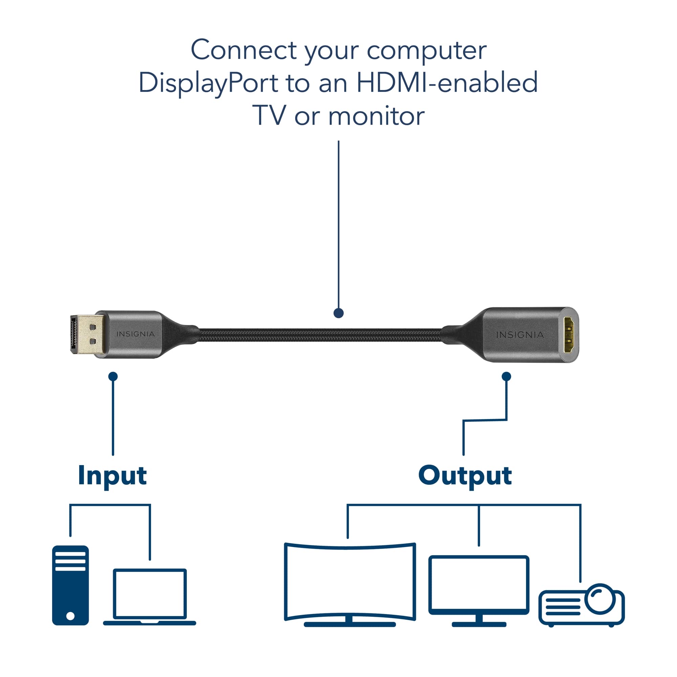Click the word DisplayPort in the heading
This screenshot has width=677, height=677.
[x=208, y=83]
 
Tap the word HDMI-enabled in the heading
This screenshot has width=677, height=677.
[x=447, y=83]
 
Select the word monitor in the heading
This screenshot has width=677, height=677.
[x=376, y=116]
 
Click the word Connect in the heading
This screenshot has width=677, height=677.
[x=243, y=50]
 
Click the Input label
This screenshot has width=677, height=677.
[x=112, y=476]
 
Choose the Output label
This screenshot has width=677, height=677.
[x=465, y=476]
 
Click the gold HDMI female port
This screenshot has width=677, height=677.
[x=568, y=335]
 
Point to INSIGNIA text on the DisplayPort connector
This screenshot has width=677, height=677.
[x=135, y=334]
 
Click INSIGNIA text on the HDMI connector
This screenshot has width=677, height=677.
[x=520, y=335]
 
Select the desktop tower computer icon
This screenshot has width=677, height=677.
[x=70, y=585]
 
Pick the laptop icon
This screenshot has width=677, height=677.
[x=150, y=597]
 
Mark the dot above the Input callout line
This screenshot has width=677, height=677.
[x=113, y=377]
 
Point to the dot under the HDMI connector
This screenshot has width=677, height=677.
[x=506, y=377]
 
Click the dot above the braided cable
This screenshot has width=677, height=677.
[x=338, y=313]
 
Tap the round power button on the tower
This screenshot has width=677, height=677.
[x=70, y=616]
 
